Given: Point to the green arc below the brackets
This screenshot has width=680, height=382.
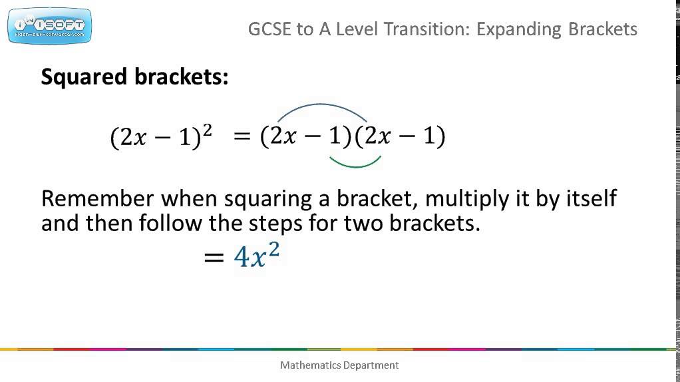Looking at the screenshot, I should (355, 164).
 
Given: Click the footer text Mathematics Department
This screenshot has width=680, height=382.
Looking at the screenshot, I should (339, 365).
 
